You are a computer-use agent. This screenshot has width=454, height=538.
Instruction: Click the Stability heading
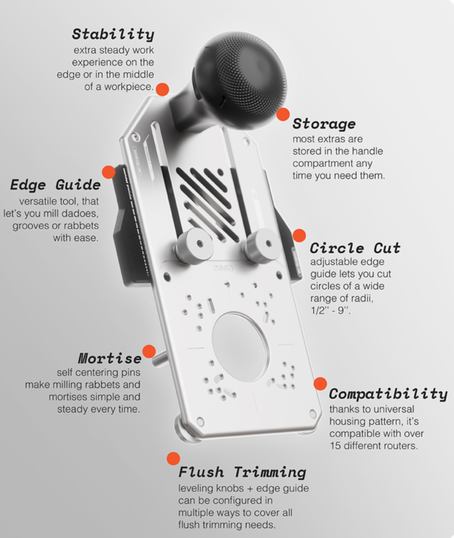click(x=113, y=34)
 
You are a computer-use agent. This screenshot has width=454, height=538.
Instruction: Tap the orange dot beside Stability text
click(x=162, y=89)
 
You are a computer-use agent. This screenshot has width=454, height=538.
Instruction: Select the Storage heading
click(x=324, y=123)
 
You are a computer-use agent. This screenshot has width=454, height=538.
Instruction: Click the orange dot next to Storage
click(x=283, y=114)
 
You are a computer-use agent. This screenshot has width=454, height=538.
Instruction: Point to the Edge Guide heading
click(x=55, y=185)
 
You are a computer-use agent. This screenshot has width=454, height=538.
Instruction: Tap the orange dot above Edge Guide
click(x=108, y=172)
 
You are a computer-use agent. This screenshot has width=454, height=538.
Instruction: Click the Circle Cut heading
click(x=355, y=248)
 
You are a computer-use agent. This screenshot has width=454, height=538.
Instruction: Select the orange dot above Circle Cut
click(x=299, y=235)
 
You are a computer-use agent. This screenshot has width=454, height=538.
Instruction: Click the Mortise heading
click(x=110, y=358)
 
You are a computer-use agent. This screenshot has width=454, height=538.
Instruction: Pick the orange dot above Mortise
click(x=148, y=351)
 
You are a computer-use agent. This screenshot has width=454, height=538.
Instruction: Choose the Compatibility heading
click(x=388, y=393)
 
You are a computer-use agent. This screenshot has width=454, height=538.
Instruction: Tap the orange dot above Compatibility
click(x=320, y=384)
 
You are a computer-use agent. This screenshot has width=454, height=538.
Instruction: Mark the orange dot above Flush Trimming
click(x=173, y=459)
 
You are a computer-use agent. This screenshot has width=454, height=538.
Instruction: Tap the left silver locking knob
click(x=189, y=247)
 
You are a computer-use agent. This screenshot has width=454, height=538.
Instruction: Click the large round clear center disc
click(x=240, y=339)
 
